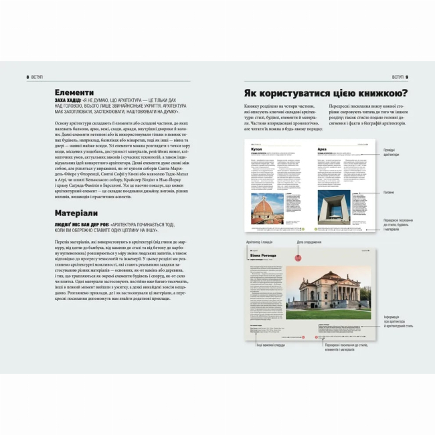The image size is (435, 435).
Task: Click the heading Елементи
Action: click(74, 92)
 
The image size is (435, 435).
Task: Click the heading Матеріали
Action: click(77, 213)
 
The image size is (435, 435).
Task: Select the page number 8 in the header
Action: click(27, 77)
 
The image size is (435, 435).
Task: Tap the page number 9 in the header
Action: click(407, 77)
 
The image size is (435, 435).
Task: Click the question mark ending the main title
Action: click(404, 94)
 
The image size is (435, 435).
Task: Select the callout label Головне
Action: click(389, 193)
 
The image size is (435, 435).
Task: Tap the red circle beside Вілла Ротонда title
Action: click(295, 255)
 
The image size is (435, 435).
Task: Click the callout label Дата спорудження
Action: click(309, 242)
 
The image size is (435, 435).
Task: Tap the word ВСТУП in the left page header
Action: click(37, 77)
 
